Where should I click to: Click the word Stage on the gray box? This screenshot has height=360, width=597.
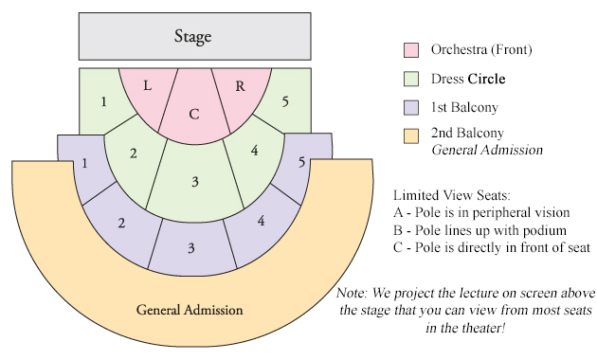(192, 37)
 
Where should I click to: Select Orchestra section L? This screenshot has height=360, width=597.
(148, 87)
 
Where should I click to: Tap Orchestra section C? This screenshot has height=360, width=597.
(193, 114)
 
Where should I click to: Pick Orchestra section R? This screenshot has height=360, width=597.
(240, 87)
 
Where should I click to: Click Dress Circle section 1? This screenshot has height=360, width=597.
(105, 100)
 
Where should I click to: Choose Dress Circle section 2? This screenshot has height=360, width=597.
(135, 153)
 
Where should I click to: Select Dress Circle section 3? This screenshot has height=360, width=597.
(193, 181)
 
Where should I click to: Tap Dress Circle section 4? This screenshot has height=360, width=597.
(253, 152)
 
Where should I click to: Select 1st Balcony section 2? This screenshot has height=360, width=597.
(121, 224)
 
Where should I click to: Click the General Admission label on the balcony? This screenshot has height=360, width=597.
(190, 310)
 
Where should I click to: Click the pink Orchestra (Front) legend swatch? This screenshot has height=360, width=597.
(412, 49)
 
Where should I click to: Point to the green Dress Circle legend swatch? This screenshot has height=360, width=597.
(412, 77)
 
